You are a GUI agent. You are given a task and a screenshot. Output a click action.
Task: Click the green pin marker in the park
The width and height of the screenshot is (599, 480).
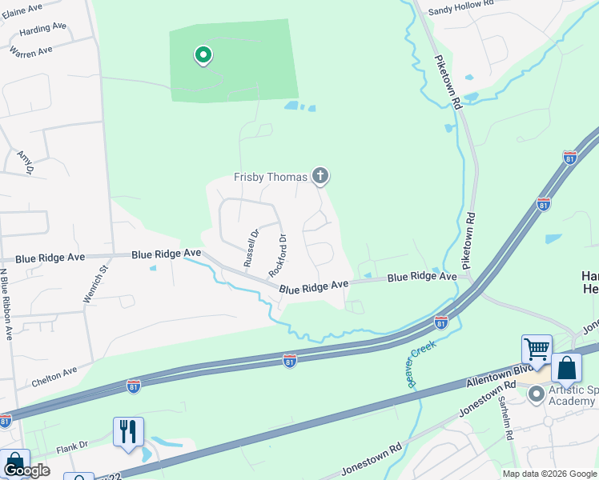coord(203,55)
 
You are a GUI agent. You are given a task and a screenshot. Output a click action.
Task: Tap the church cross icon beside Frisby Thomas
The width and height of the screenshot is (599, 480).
coord(320,176)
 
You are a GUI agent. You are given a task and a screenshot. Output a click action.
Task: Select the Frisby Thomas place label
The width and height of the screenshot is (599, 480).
coord(271,177)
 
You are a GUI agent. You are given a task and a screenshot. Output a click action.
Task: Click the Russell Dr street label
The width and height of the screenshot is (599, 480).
coord(251,249)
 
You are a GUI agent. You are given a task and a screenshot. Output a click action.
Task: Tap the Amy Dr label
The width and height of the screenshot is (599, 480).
coord(25,161)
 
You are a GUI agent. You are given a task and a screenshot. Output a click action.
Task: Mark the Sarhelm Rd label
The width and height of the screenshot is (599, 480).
coord(505,419)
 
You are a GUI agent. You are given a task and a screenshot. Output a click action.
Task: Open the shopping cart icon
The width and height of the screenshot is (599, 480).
coord(537,349)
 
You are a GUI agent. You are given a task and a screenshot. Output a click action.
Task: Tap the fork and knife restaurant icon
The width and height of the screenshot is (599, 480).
coord(128,431)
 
